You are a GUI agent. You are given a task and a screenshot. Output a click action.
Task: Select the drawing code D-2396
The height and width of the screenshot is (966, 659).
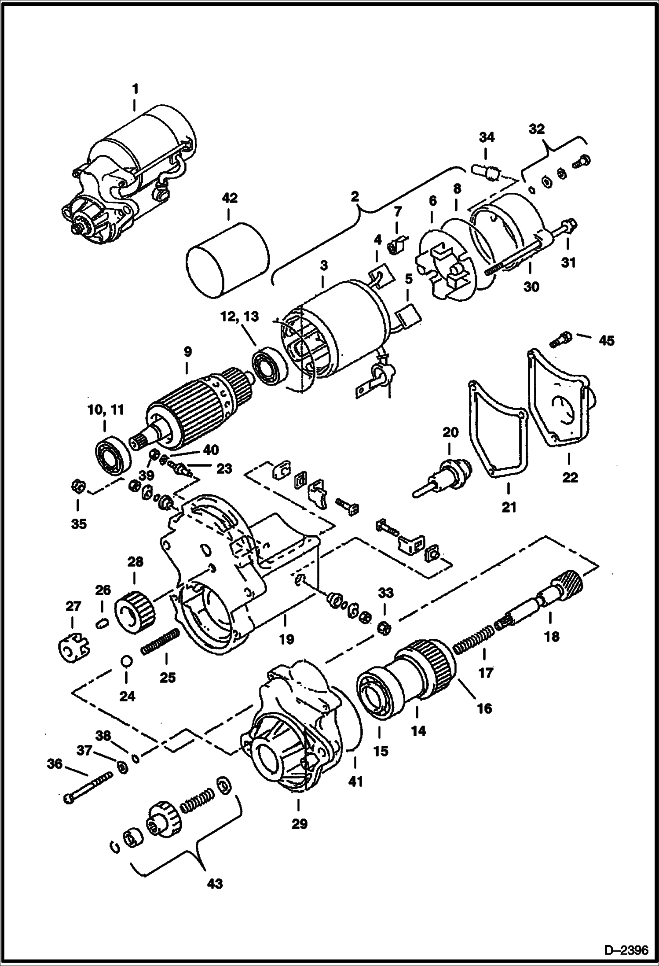point(626,951)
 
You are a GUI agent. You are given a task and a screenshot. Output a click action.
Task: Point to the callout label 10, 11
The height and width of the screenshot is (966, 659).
point(106,410)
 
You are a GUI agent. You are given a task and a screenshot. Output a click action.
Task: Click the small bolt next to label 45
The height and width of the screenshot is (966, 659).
point(560,339)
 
